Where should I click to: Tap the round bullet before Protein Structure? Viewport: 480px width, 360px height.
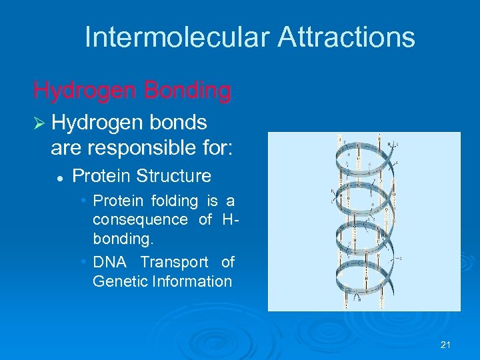point(60,177)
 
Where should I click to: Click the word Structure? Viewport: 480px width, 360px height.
point(173,177)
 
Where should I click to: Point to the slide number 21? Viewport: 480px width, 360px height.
point(446,345)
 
